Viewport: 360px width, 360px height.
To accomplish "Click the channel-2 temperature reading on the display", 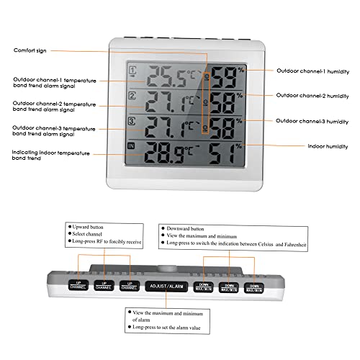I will pos(166,102).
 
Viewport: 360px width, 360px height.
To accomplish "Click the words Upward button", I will pos(93,227).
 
